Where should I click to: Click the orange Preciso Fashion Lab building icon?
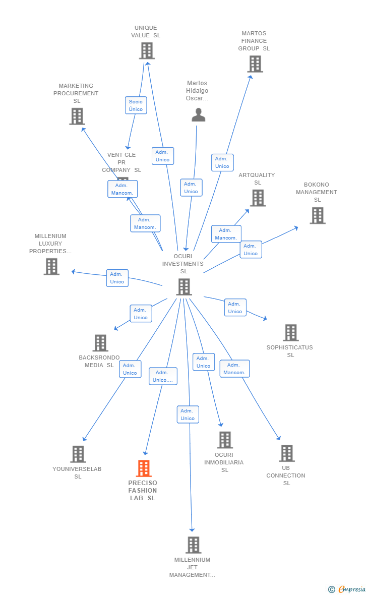(x=144, y=468)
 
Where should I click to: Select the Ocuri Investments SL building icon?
(x=184, y=287)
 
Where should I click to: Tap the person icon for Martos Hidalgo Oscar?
(x=199, y=115)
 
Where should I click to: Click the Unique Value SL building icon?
(x=147, y=51)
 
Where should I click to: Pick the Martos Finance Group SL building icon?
(x=255, y=64)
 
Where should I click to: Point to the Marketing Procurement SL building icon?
(x=77, y=116)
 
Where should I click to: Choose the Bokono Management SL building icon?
(x=317, y=215)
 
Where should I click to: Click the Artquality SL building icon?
(x=258, y=198)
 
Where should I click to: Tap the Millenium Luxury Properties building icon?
(x=51, y=266)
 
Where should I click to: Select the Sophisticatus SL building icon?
(x=290, y=333)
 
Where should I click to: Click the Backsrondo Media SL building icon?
(x=100, y=343)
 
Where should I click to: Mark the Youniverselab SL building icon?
(x=78, y=454)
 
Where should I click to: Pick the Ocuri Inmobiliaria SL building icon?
(x=225, y=440)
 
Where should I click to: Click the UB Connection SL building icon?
(x=286, y=453)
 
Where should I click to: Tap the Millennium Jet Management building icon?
(x=193, y=545)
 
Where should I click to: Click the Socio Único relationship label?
(x=136, y=105)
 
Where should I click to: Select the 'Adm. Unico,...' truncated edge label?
(x=163, y=376)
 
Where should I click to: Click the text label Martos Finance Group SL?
(x=254, y=41)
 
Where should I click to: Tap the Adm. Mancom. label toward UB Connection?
(x=234, y=369)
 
